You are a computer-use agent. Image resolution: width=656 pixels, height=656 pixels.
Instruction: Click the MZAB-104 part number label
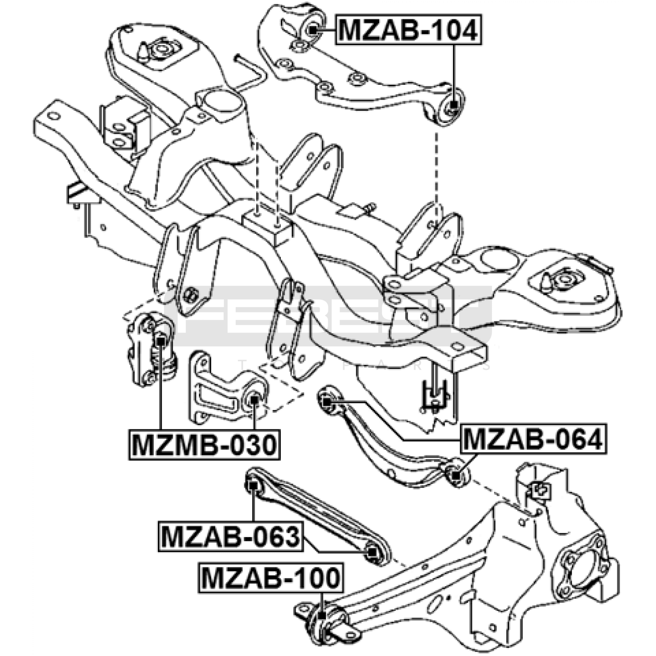(x=409, y=30)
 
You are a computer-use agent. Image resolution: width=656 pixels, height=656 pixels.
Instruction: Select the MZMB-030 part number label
(x=204, y=445)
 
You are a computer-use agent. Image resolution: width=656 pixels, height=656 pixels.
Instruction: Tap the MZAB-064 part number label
(x=533, y=439)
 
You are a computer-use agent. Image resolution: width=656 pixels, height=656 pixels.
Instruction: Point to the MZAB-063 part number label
(x=230, y=537)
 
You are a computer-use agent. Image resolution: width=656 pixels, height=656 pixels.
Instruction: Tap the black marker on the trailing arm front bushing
(x=322, y=615)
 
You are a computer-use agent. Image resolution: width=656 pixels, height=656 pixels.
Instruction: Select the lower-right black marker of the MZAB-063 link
(x=371, y=552)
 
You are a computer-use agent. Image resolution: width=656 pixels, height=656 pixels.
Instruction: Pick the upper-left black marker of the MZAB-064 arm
(x=326, y=401)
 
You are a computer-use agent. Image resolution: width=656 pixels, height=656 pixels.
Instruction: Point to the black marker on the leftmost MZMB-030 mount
(x=161, y=340)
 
